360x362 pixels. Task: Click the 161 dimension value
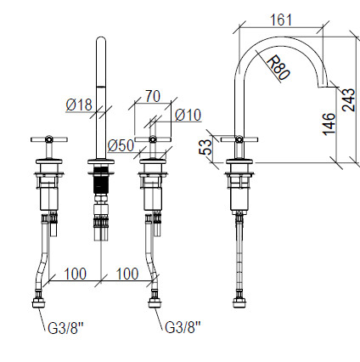tap(281, 20)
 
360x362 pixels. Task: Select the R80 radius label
tap(278, 68)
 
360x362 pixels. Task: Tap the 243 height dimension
tap(349, 100)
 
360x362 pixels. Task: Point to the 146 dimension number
tap(329, 124)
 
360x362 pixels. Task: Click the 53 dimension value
tap(206, 147)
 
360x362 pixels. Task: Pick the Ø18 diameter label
tap(79, 105)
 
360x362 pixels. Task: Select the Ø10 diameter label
tap(188, 115)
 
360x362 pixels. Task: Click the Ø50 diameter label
tap(121, 145)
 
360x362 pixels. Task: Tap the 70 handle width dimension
tap(153, 96)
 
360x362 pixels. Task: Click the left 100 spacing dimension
tap(76, 274)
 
